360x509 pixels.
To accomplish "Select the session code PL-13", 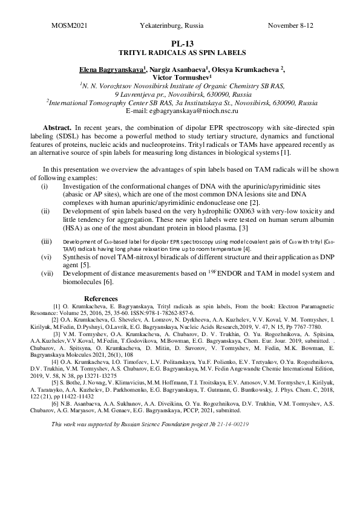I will coord(180,44).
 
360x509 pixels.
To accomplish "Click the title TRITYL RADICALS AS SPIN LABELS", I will coord(180,53).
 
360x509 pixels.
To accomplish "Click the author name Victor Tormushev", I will coord(180,78).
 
